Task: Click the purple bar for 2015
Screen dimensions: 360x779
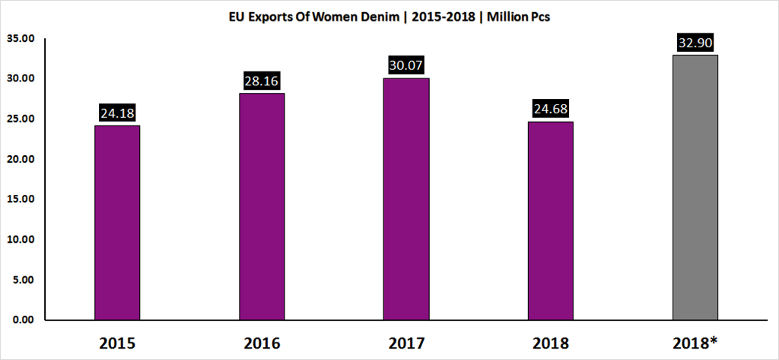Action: tap(117, 222)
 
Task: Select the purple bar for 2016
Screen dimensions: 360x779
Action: tap(262, 206)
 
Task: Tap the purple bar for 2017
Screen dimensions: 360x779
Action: tap(406, 199)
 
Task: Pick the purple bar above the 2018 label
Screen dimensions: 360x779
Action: tap(551, 221)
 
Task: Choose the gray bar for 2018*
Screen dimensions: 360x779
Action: tap(695, 187)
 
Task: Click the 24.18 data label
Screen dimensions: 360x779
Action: tap(117, 113)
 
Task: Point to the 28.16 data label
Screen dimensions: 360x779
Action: tap(262, 81)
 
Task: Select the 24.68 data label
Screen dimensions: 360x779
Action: tap(551, 109)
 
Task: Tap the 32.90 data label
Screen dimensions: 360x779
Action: tap(695, 43)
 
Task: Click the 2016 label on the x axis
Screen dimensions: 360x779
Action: tap(262, 342)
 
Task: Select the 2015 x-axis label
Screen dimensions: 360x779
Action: tap(117, 342)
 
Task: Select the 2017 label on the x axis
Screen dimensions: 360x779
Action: tap(406, 342)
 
